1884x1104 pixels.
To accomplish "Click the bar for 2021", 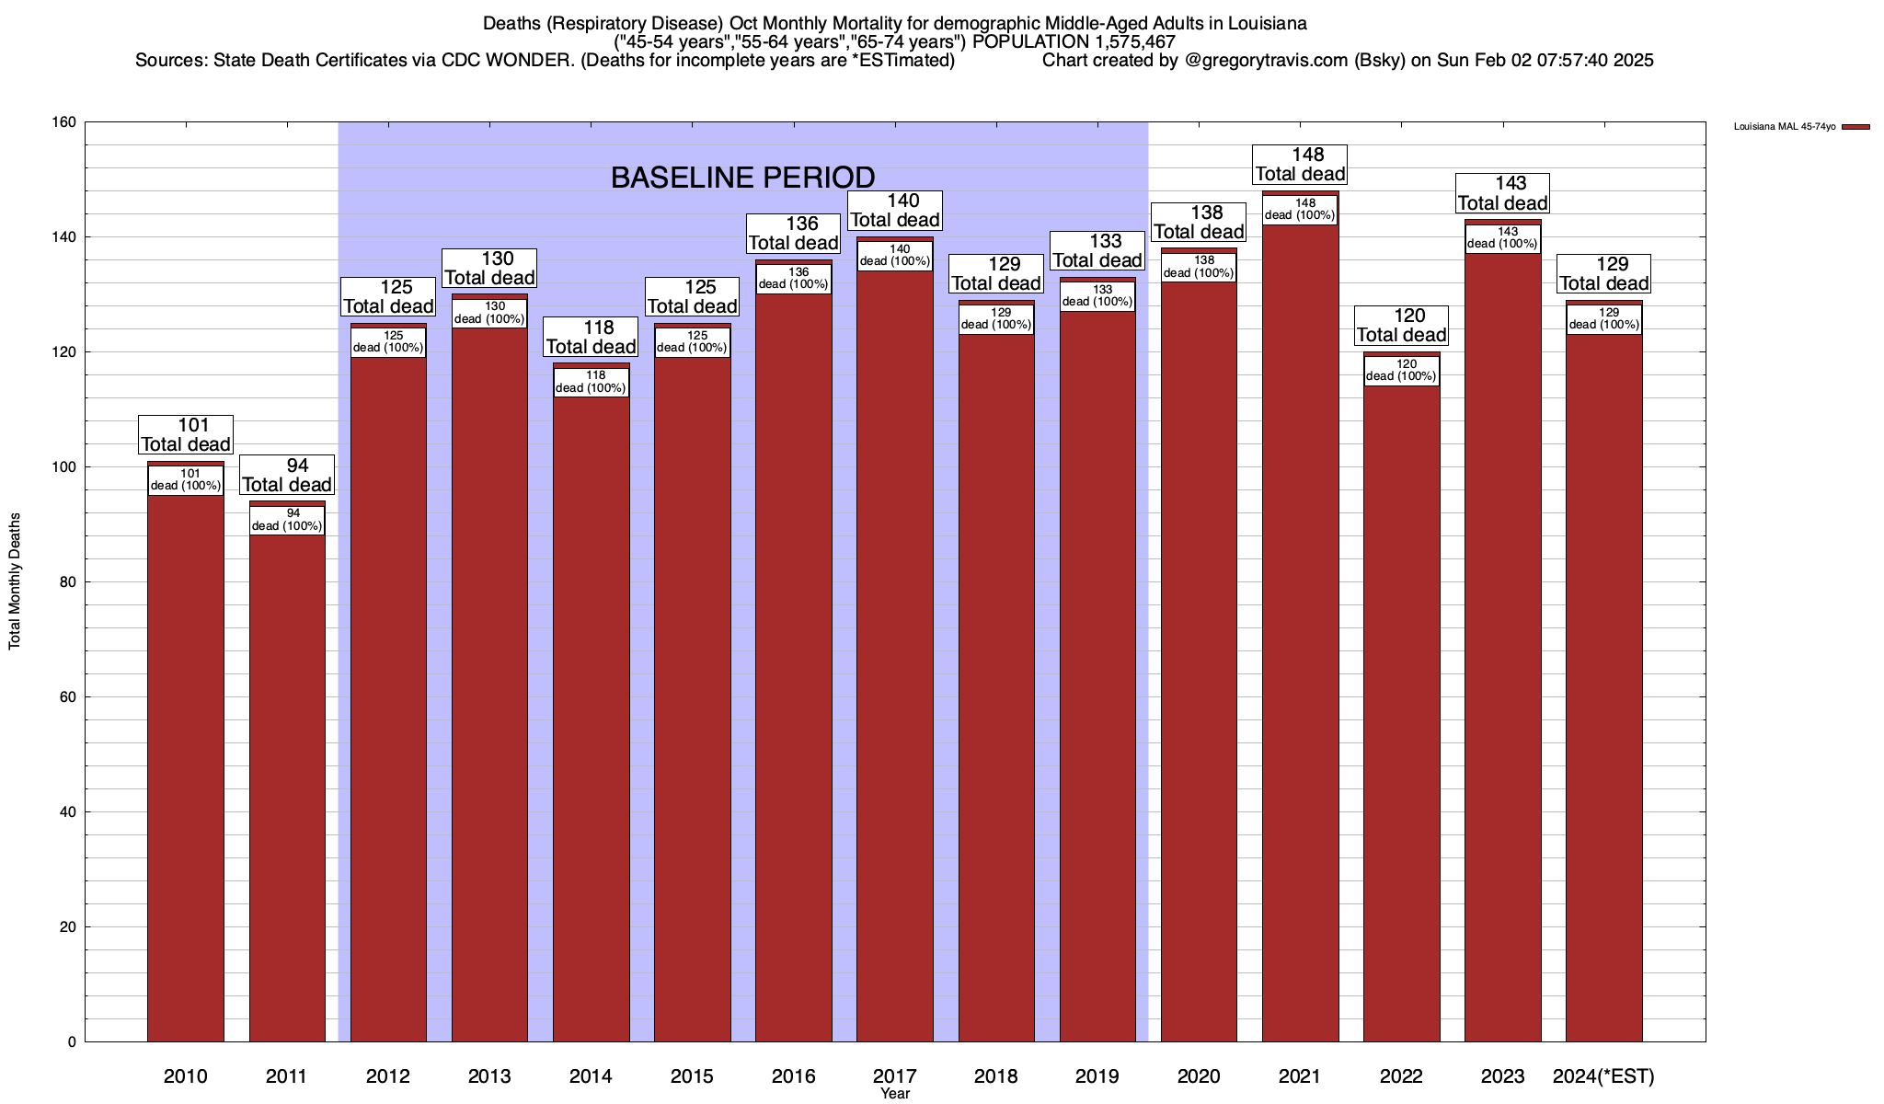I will pos(1300,635).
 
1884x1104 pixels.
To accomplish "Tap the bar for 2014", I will pos(591,718).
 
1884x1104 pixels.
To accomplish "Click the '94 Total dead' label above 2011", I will pos(287,476).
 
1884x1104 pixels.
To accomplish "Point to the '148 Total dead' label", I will pos(1301,165).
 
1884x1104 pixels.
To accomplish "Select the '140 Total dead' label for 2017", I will pos(894,211).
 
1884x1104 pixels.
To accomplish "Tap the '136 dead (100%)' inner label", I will pos(793,279).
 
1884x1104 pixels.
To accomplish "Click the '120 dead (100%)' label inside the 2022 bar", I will pos(1401,371).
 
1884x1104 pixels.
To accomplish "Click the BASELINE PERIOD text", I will pos(742,178).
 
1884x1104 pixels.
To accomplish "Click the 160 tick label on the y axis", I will pos(66,122).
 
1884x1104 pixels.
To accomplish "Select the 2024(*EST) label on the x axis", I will pos(1603,1076).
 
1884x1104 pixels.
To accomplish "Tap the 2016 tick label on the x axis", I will pos(793,1076).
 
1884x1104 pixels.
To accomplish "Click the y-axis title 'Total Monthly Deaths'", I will pos(15,581).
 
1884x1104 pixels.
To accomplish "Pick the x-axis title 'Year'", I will pos(894,1094).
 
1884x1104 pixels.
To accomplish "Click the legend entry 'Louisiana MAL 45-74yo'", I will pos(1784,127).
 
